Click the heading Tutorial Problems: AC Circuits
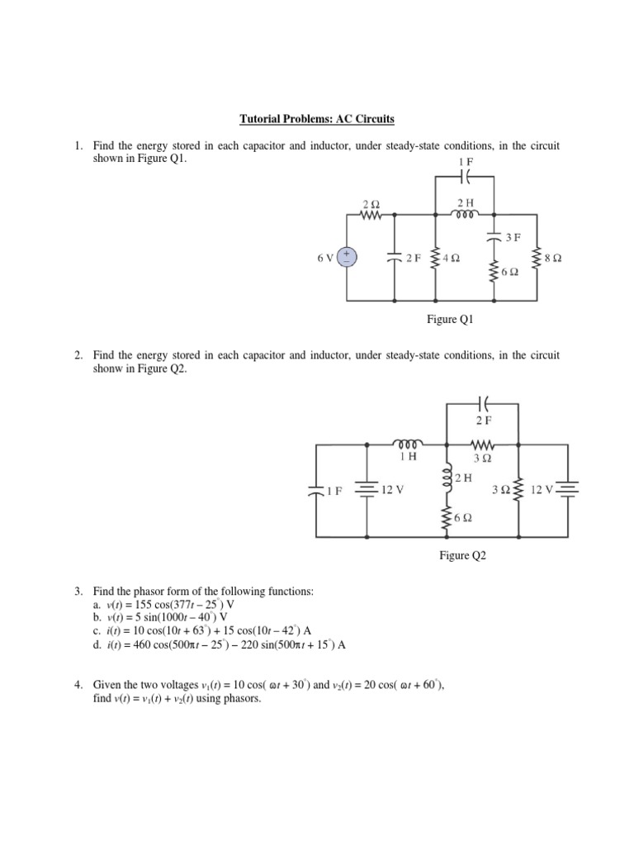click(317, 120)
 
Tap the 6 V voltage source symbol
click(347, 257)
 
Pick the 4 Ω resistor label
click(451, 258)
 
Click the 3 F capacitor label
click(513, 237)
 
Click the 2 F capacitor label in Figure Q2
click(483, 421)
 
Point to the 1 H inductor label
click(409, 456)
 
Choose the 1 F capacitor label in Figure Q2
click(333, 491)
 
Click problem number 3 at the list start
click(78, 592)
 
